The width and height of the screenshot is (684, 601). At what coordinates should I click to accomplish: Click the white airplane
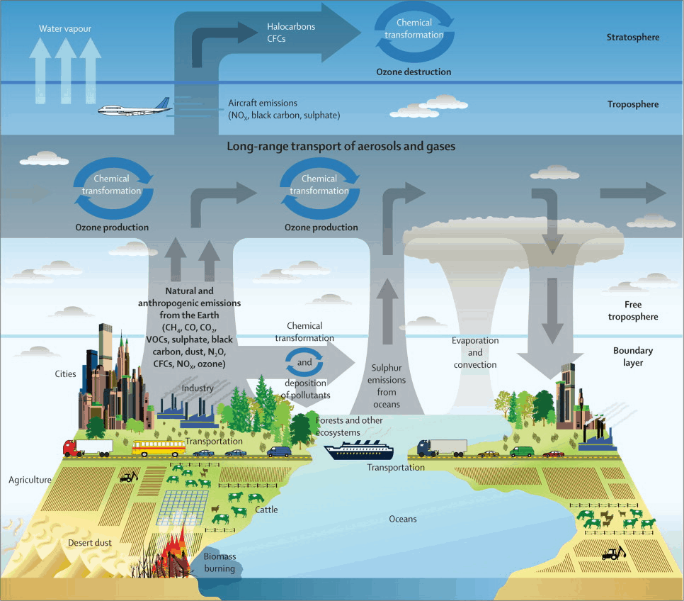pyautogui.click(x=133, y=109)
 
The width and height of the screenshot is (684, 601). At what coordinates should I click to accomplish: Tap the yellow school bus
pyautogui.click(x=158, y=447)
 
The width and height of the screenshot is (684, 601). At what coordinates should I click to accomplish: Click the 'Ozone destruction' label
pyautogui.click(x=414, y=72)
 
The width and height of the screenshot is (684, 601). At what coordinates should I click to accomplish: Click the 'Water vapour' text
pyautogui.click(x=66, y=28)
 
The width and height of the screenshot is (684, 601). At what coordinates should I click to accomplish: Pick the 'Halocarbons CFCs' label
pyautogui.click(x=291, y=33)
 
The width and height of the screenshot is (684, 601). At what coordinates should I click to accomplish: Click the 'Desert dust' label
pyautogui.click(x=90, y=543)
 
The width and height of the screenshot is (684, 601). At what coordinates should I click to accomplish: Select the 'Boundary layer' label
pyautogui.click(x=633, y=356)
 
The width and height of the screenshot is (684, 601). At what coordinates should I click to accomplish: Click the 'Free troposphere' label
pyautogui.click(x=632, y=310)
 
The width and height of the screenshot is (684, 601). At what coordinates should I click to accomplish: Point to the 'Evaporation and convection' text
pyautogui.click(x=475, y=352)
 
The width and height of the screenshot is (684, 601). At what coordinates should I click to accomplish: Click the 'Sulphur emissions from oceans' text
pyautogui.click(x=387, y=386)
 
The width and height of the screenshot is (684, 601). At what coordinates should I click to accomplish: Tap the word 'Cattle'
pyautogui.click(x=266, y=510)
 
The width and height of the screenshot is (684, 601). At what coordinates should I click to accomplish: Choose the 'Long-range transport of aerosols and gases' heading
pyautogui.click(x=341, y=147)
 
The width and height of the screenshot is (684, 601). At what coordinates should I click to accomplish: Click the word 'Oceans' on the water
pyautogui.click(x=403, y=519)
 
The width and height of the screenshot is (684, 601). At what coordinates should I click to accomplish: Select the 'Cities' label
pyautogui.click(x=65, y=373)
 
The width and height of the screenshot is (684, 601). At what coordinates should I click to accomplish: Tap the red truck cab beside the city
pyautogui.click(x=70, y=448)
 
